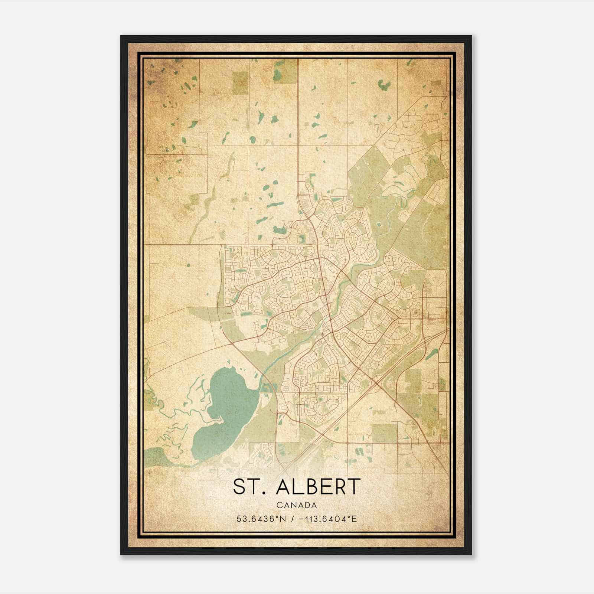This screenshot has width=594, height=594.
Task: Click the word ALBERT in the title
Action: (318, 486)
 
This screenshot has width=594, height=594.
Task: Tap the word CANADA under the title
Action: (296, 505)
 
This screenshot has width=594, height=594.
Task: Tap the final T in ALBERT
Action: (354, 486)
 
